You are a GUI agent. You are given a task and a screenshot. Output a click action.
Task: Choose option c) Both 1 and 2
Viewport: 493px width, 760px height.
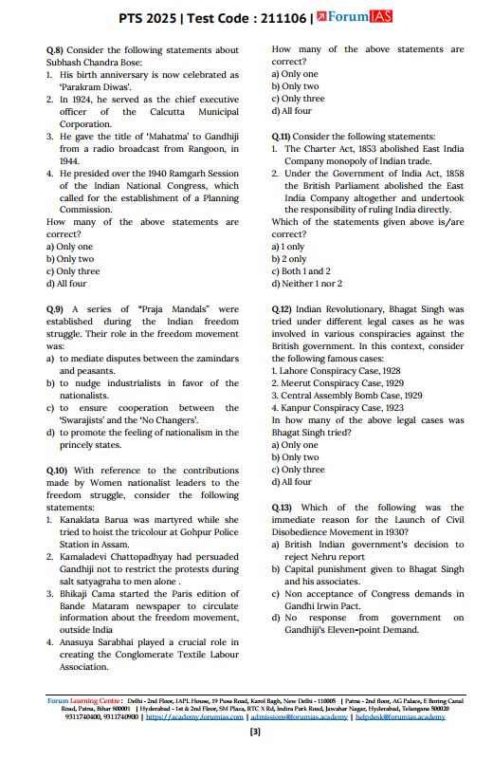[301, 270]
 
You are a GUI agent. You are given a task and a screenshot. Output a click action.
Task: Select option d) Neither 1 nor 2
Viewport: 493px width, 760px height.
[306, 284]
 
